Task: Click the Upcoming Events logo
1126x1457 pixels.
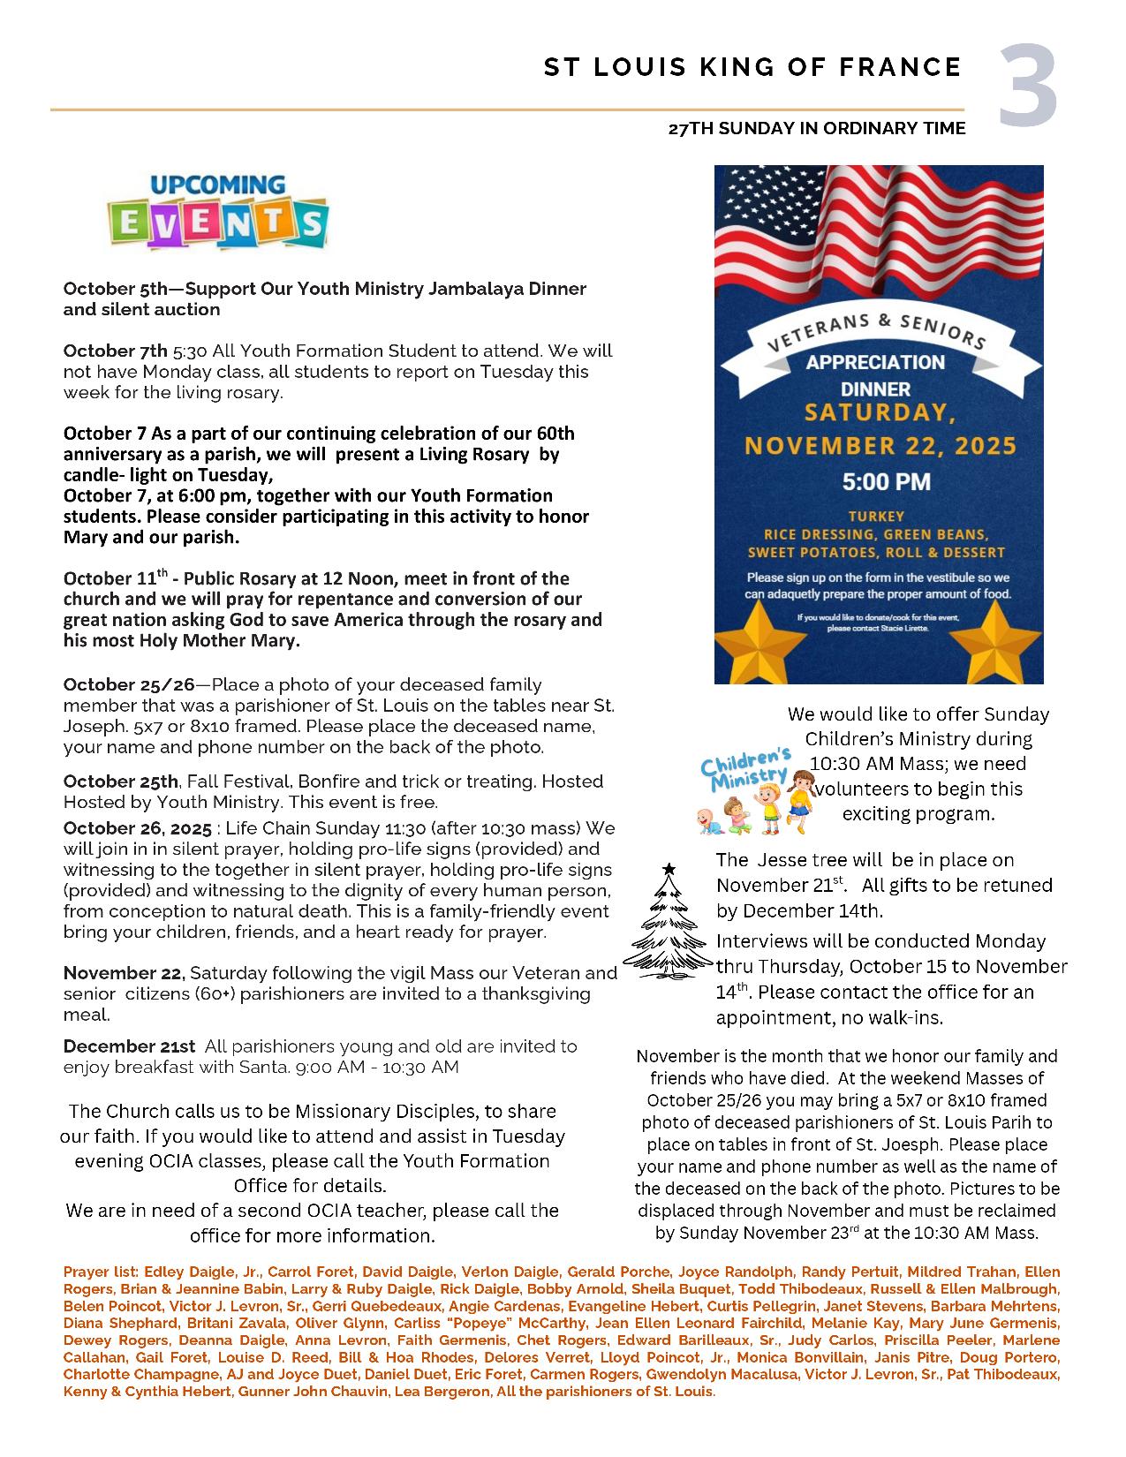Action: (217, 212)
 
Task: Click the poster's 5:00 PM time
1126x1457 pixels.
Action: (879, 482)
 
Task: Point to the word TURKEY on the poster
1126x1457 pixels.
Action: (877, 517)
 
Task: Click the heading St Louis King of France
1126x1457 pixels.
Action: (752, 67)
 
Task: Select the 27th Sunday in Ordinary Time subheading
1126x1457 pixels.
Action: (817, 129)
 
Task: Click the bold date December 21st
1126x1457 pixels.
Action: (129, 1046)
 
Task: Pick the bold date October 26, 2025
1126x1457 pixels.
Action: (137, 829)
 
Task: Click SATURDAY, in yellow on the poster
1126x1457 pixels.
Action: (879, 412)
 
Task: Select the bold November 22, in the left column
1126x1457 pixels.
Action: (124, 973)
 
